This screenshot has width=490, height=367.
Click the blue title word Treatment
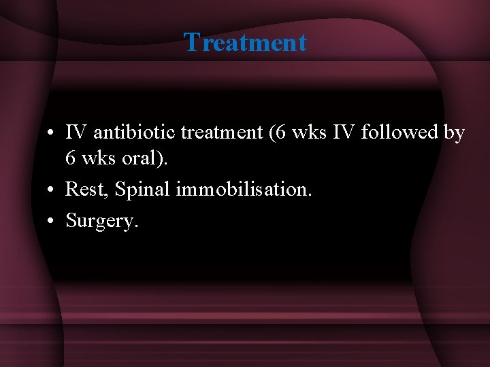[245, 42]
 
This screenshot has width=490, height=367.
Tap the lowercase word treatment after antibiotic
[221, 133]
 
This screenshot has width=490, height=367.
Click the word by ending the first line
[454, 133]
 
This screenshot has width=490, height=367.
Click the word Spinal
[143, 189]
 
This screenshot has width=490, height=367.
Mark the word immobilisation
[244, 189]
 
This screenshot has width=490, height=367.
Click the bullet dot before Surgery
[52, 220]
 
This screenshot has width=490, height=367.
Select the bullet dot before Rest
[52, 190]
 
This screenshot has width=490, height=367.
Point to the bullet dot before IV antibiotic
[52, 133]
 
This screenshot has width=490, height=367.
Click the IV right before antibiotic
[76, 133]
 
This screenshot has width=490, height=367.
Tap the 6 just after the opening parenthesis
[281, 133]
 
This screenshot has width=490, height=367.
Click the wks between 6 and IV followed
[307, 133]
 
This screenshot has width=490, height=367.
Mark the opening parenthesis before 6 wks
[272, 133]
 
